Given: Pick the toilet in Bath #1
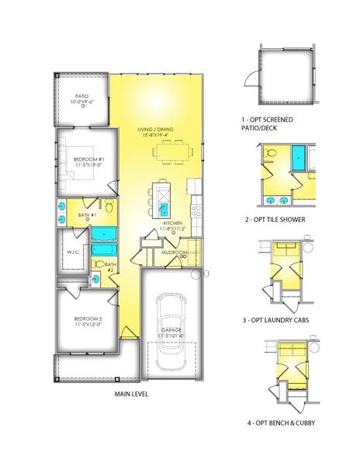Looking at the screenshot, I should (x=110, y=207).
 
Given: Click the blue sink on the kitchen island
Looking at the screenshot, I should (x=164, y=208).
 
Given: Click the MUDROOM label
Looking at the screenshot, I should (x=174, y=252).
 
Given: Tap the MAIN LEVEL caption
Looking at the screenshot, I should (x=130, y=393).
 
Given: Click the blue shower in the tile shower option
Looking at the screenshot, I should (x=298, y=158).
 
